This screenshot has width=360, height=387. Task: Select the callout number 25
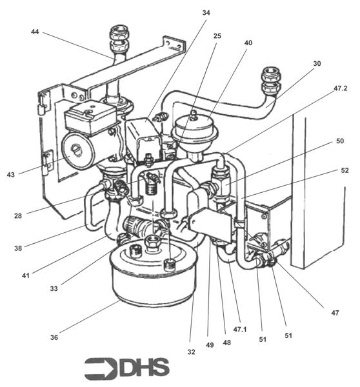(x=217, y=36)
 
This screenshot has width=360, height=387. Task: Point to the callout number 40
(x=248, y=43)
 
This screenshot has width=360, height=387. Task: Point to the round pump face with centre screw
(x=77, y=154)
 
